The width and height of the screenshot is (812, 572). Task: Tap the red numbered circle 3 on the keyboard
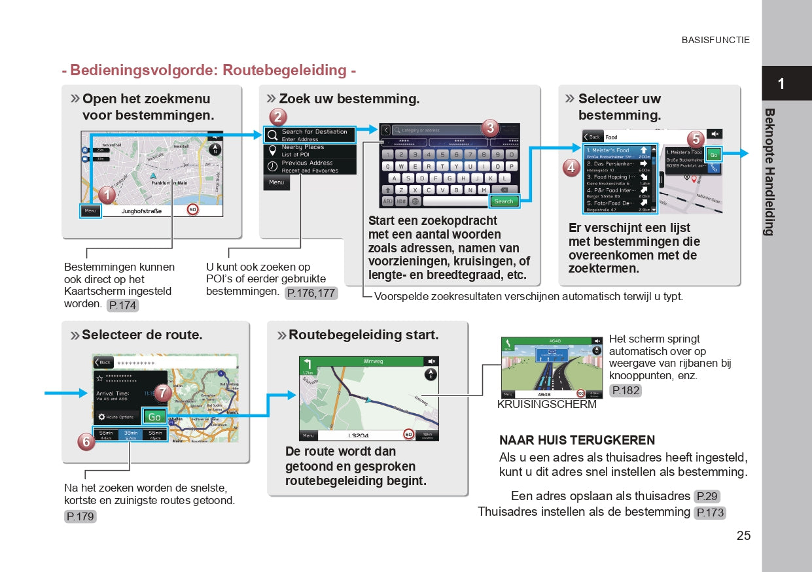[490, 128]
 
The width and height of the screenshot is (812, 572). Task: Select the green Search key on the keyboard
[503, 201]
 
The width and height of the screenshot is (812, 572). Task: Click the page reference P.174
[123, 305]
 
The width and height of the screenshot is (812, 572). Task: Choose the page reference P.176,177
[311, 293]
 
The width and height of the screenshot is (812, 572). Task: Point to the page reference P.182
[625, 390]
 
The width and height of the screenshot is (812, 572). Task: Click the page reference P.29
[707, 496]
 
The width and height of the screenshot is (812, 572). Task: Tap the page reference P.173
[710, 513]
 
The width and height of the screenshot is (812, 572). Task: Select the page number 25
[743, 536]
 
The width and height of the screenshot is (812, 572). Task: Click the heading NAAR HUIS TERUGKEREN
[577, 441]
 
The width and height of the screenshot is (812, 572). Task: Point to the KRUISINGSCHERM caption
[547, 405]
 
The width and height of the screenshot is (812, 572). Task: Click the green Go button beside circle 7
[154, 417]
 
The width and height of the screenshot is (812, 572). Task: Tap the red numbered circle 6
[86, 443]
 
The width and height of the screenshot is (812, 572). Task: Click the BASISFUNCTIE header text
[715, 40]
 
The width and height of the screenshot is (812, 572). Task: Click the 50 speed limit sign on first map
[192, 210]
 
